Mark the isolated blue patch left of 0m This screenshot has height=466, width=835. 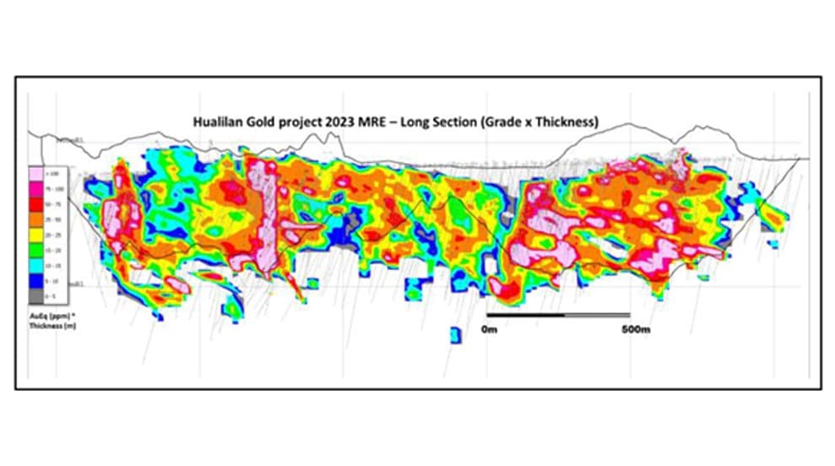point(456,333)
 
